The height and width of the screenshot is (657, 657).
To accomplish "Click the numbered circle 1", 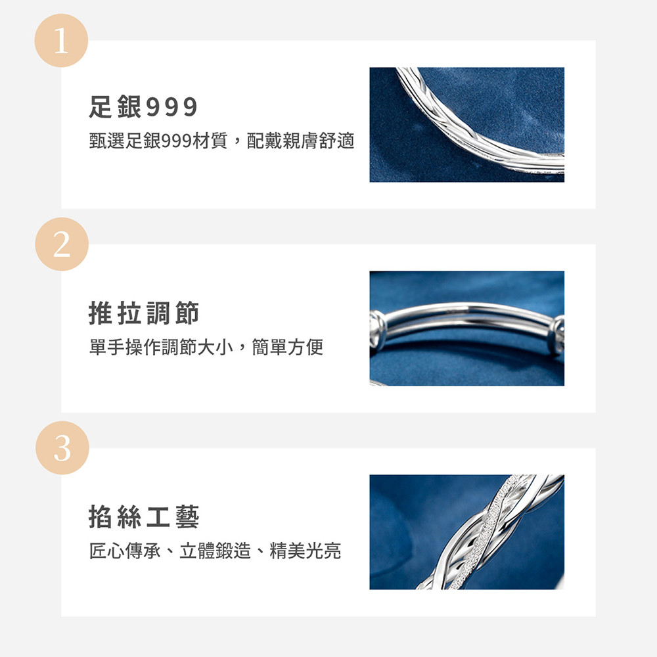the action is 61,41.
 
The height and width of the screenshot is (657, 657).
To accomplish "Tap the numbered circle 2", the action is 62,244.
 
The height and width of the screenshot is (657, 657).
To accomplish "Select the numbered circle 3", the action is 62,448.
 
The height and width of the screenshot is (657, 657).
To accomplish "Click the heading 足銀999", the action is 143,106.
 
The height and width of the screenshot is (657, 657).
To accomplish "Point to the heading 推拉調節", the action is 144,313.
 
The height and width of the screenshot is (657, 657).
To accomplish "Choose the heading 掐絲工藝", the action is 144,516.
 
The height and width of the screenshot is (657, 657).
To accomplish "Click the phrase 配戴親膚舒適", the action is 300,141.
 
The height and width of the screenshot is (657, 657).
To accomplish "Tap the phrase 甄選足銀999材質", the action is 158,141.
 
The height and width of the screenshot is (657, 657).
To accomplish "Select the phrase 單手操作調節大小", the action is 161,347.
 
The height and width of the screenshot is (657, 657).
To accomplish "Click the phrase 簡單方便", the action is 288,347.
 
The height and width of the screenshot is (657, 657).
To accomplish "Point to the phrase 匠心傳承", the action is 125,551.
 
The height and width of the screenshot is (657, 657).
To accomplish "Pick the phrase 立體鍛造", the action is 215,551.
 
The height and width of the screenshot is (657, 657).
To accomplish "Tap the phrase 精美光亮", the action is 306,551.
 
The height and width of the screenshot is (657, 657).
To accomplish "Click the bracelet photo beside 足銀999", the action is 466,125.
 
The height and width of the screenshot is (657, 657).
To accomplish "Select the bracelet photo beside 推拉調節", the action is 466,328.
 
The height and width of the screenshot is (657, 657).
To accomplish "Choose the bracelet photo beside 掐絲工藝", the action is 466,532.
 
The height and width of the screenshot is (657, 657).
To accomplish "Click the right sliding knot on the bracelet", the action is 556,336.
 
